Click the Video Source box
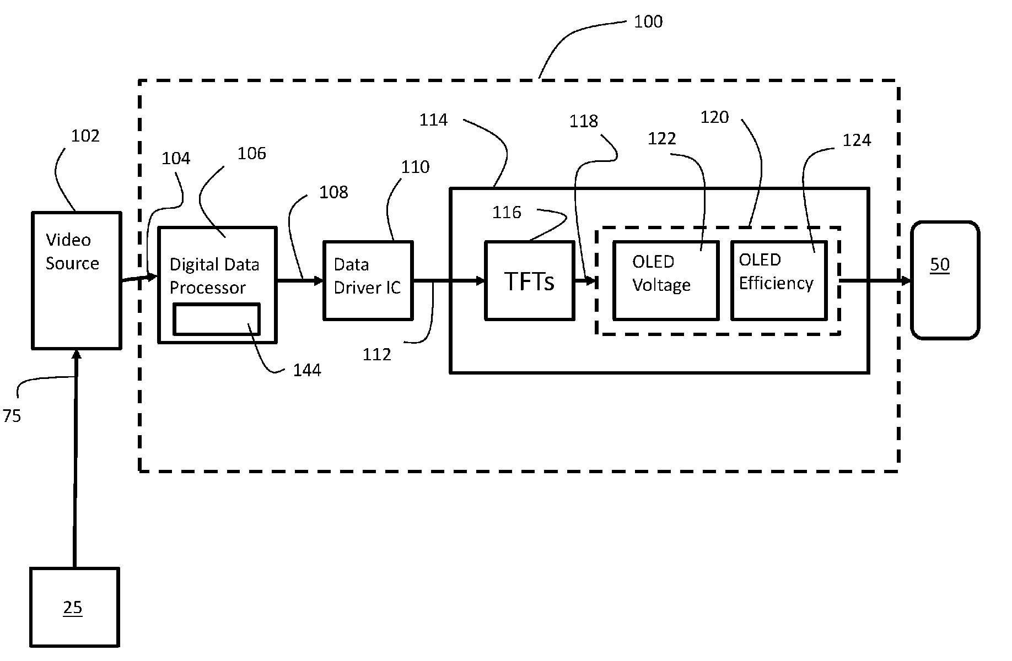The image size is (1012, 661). pyautogui.click(x=77, y=280)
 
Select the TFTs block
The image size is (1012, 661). pyautogui.click(x=530, y=280)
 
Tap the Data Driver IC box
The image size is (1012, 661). pyautogui.click(x=368, y=280)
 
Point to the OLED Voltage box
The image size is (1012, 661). pyautogui.click(x=666, y=280)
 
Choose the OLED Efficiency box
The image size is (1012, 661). pyautogui.click(x=779, y=280)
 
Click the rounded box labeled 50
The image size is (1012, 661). pyautogui.click(x=945, y=280)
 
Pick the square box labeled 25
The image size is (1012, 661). pyautogui.click(x=74, y=607)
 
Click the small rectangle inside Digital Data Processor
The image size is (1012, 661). pyautogui.click(x=216, y=319)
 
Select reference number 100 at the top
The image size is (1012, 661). pyautogui.click(x=648, y=21)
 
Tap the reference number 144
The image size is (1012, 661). pyautogui.click(x=307, y=370)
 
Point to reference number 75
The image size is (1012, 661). pyautogui.click(x=12, y=415)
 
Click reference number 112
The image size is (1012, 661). pyautogui.click(x=377, y=354)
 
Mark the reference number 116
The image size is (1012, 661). pyautogui.click(x=507, y=212)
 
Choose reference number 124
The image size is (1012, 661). pyautogui.click(x=857, y=140)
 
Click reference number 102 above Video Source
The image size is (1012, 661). pyautogui.click(x=85, y=136)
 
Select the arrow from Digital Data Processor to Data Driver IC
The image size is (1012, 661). pyautogui.click(x=300, y=281)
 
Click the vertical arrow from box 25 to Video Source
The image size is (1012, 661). pyautogui.click(x=76, y=459)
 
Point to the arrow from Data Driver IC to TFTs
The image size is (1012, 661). pyautogui.click(x=449, y=281)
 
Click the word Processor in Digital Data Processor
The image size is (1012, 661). pyautogui.click(x=207, y=288)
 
